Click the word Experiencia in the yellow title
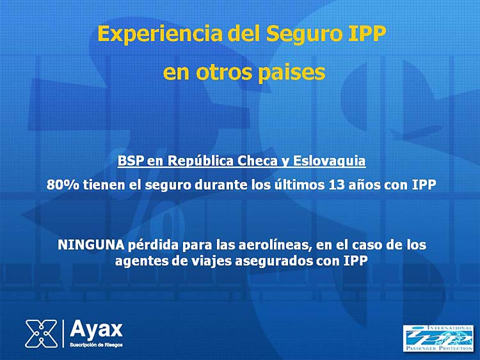click(x=160, y=35)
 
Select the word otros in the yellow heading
click(x=224, y=72)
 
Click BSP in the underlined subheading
click(x=131, y=161)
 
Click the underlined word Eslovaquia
click(x=330, y=161)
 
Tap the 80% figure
click(x=63, y=185)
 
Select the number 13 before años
click(x=336, y=185)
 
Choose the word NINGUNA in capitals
click(x=91, y=245)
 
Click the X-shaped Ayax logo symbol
click(x=42, y=334)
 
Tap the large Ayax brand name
click(x=96, y=329)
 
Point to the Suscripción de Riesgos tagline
click(x=96, y=345)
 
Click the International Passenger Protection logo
click(x=438, y=338)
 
